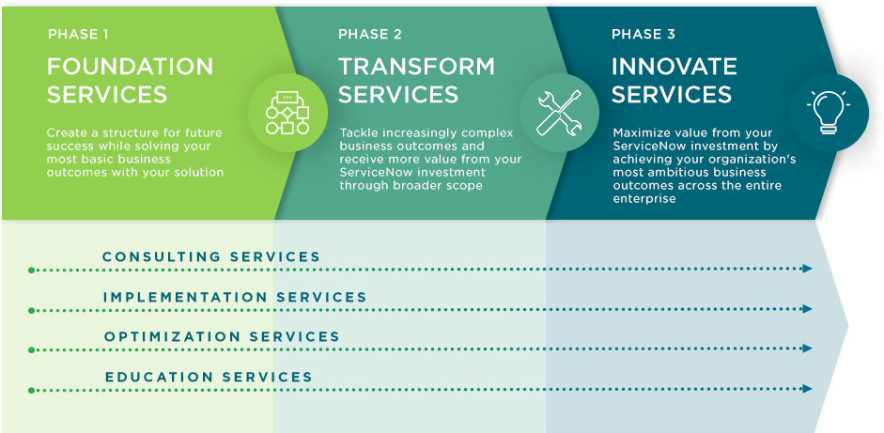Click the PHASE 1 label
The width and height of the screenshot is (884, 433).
click(x=78, y=35)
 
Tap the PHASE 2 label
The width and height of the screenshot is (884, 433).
click(x=370, y=35)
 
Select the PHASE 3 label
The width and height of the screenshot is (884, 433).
click(x=644, y=35)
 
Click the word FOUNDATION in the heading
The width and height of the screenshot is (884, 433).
click(x=131, y=67)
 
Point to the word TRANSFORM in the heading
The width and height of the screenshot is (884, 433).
click(x=416, y=67)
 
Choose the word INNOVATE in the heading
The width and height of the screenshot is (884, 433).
click(x=675, y=67)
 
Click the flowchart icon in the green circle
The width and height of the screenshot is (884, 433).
click(x=287, y=113)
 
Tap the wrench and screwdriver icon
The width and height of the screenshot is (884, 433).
click(x=559, y=113)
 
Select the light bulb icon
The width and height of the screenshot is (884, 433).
click(x=829, y=112)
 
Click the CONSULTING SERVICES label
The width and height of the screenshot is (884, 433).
click(x=211, y=257)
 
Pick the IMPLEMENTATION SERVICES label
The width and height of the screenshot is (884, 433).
click(x=235, y=297)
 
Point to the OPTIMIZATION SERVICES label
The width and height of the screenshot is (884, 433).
click(x=222, y=337)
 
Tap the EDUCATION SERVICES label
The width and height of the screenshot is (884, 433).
click(x=209, y=378)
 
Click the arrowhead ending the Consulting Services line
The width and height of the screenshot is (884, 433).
click(x=807, y=269)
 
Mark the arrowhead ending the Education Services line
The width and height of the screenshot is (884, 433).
click(x=807, y=389)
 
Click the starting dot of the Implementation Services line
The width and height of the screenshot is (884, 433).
click(x=32, y=311)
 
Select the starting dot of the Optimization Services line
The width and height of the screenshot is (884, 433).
click(x=32, y=350)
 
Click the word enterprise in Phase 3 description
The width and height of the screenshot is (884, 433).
click(x=644, y=198)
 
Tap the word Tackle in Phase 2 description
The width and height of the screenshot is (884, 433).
click(x=359, y=133)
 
